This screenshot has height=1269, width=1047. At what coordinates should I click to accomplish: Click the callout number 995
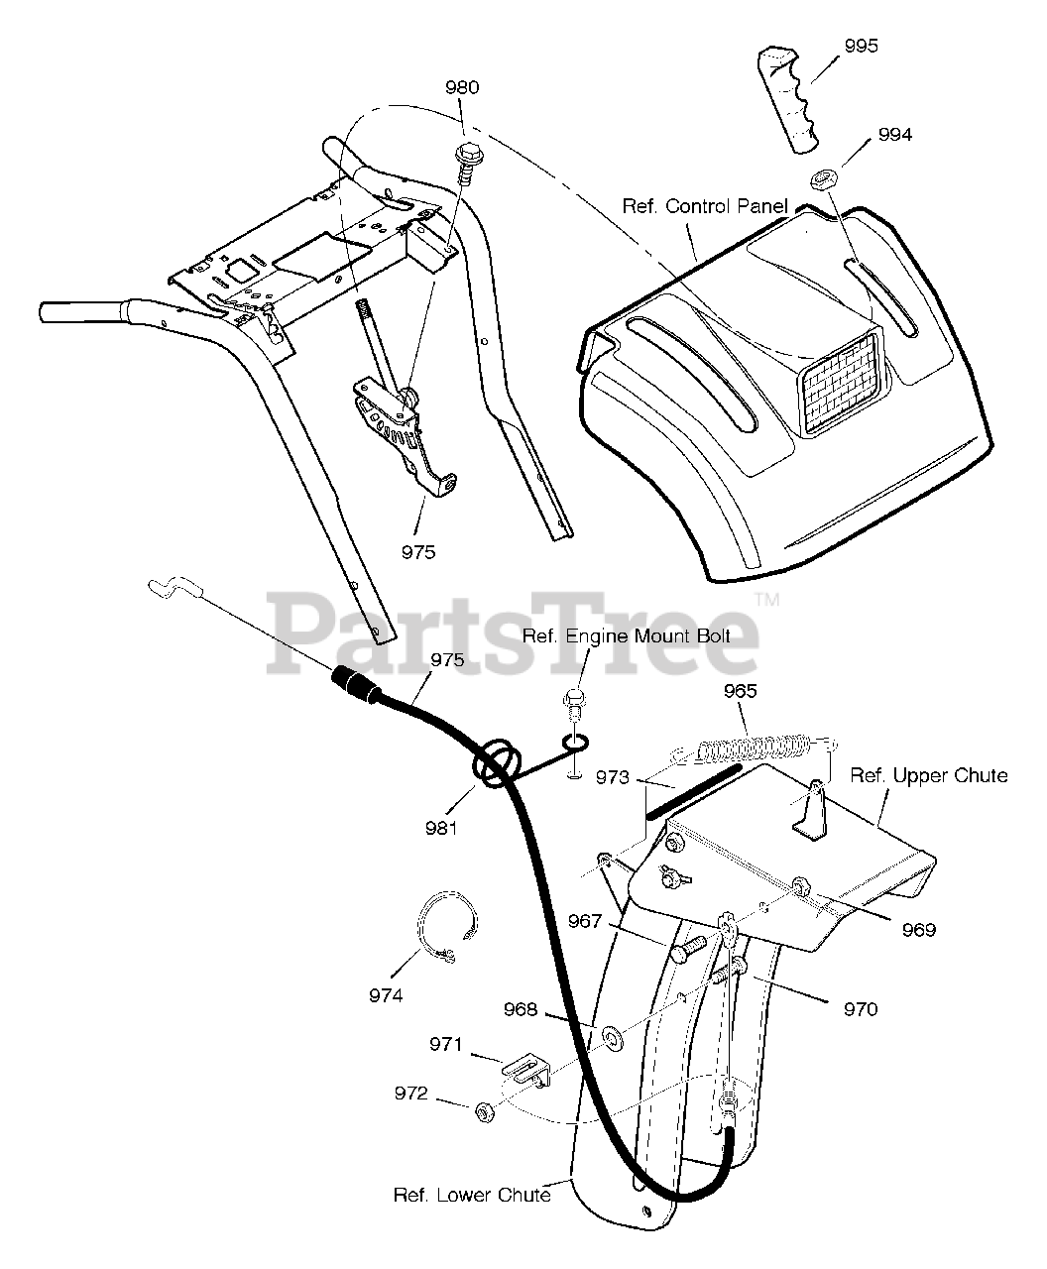861,47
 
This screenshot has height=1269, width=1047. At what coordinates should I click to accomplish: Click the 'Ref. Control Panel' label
705,206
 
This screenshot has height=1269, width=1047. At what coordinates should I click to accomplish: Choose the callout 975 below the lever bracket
418,552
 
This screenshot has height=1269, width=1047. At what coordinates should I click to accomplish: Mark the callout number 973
613,778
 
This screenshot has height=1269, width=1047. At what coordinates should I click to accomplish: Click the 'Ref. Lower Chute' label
472,1195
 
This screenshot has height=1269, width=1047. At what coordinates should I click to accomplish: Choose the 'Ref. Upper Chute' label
929,774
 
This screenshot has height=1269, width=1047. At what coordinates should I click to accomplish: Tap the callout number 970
860,1009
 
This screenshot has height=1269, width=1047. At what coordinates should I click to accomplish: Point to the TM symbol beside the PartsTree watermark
766,601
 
